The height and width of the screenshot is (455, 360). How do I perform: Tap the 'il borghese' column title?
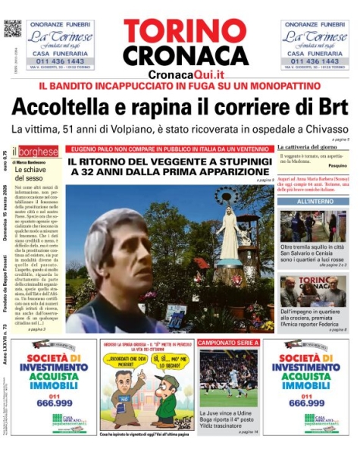pos(38,152)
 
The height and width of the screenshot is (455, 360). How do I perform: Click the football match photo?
pos(228,378)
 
